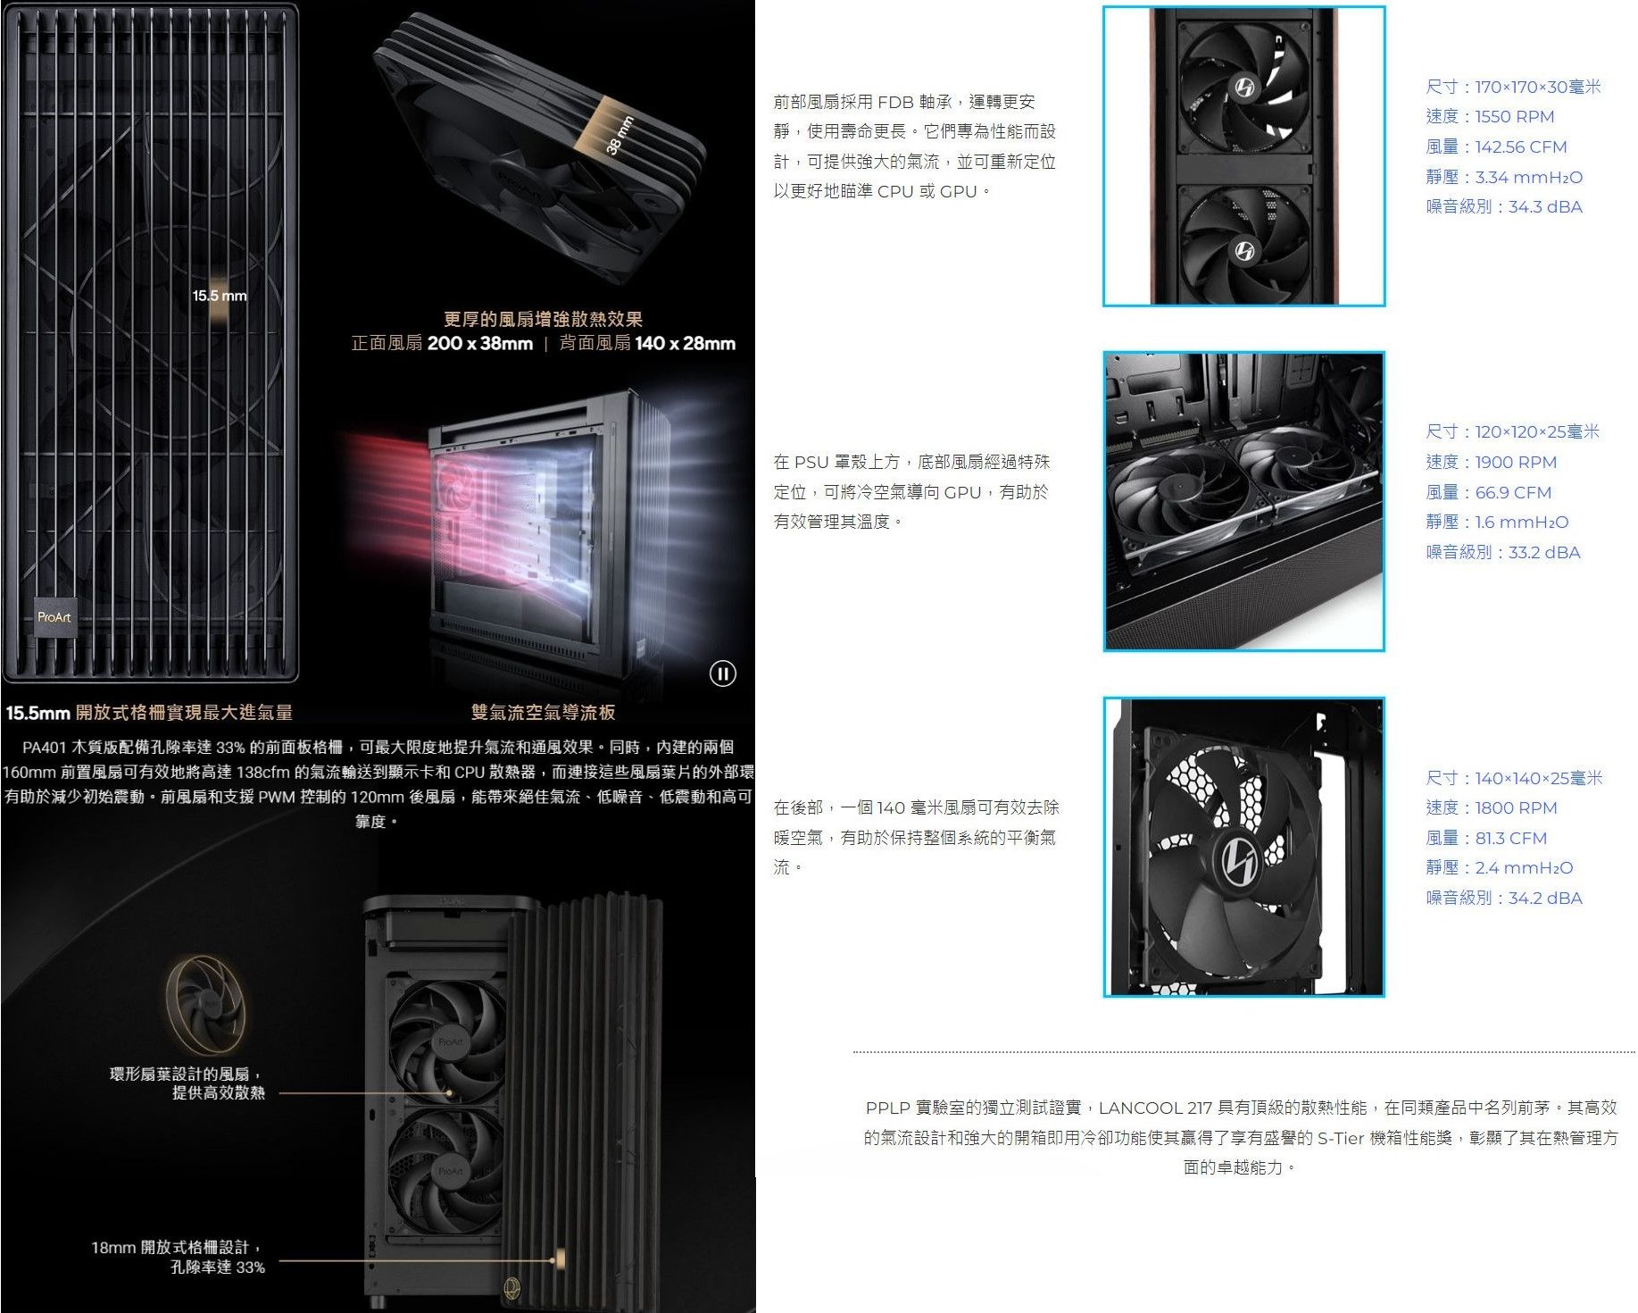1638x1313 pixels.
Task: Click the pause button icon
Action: click(x=723, y=673)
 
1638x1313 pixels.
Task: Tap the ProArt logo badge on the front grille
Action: click(x=54, y=617)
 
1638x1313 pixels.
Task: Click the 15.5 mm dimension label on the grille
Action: click(x=220, y=296)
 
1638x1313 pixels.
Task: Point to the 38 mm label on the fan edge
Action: click(x=619, y=135)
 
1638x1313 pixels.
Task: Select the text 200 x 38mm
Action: click(x=480, y=343)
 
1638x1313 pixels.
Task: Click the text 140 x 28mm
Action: click(x=686, y=343)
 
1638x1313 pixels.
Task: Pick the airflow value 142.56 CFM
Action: click(x=1521, y=146)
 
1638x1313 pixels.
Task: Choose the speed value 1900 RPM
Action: click(x=1516, y=462)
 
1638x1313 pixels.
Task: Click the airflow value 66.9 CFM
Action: click(x=1513, y=492)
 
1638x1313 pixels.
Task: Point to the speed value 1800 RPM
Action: click(x=1516, y=807)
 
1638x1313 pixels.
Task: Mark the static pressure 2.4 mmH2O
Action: click(x=1524, y=867)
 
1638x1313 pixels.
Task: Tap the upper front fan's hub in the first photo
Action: click(x=1244, y=87)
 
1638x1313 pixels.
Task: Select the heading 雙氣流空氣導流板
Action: click(x=543, y=712)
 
